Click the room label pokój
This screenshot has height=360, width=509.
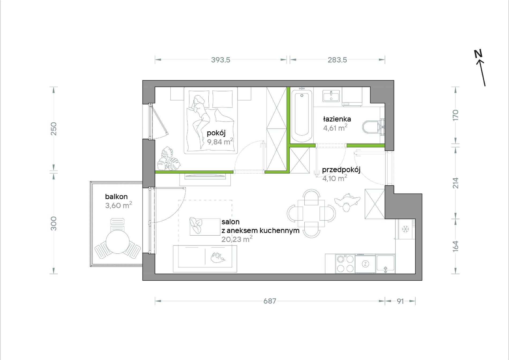click(216, 133)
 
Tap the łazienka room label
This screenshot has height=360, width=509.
click(337, 119)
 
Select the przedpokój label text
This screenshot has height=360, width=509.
click(341, 170)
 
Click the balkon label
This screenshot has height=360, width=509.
click(116, 197)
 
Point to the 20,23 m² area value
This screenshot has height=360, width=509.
click(237, 239)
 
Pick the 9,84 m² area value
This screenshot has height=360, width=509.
click(220, 142)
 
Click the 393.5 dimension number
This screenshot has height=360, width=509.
click(220, 60)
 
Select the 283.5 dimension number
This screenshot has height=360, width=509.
click(337, 60)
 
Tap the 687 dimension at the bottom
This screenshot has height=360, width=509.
click(270, 301)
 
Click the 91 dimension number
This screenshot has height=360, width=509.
click(400, 301)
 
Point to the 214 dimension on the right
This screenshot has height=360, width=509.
click(455, 183)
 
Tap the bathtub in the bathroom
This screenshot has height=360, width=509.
click(302, 116)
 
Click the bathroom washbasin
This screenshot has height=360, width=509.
click(331, 96)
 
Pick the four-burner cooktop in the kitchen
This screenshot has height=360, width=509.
click(345, 264)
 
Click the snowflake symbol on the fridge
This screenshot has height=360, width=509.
click(405, 229)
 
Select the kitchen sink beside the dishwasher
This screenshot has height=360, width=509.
click(386, 264)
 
